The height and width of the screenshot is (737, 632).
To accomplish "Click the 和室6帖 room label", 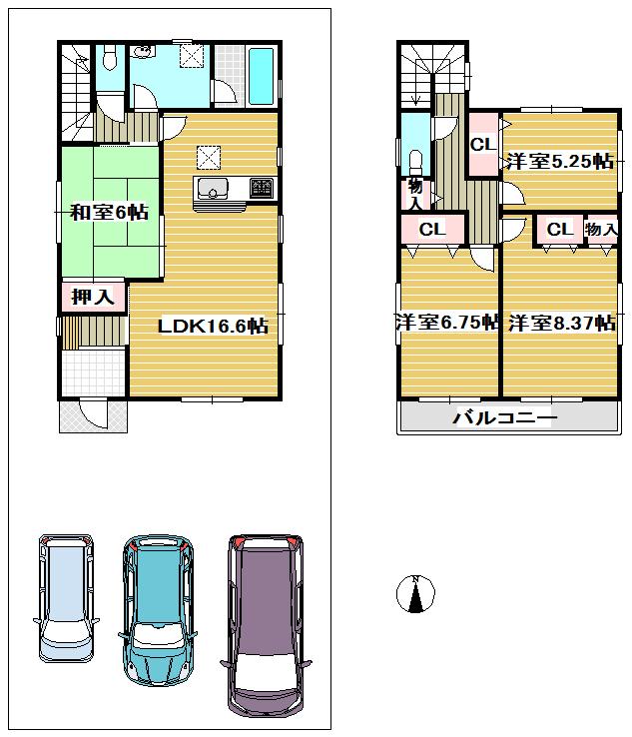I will click(109, 212).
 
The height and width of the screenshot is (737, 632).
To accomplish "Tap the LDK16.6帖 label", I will click(214, 326).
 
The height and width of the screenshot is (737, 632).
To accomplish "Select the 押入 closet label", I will click(91, 297).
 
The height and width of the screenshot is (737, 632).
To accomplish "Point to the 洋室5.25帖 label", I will click(558, 162).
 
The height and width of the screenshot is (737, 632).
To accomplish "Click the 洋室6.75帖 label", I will click(446, 322).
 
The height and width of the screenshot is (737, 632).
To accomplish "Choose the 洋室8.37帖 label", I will click(561, 323).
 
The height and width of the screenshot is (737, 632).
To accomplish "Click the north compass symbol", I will click(414, 594).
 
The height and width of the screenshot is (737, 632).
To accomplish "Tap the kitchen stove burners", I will click(261, 186).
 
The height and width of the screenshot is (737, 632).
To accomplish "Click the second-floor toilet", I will click(414, 160).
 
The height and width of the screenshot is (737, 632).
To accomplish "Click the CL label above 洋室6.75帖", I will click(430, 230).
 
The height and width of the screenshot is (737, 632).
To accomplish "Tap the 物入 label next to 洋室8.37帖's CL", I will click(601, 230).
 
